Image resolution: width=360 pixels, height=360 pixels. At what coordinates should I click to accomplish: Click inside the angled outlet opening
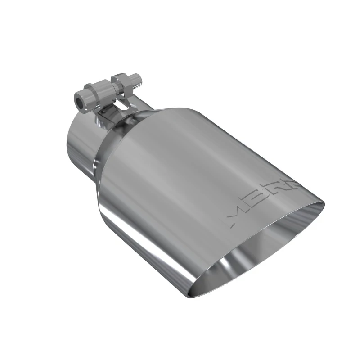click(x=265, y=252)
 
